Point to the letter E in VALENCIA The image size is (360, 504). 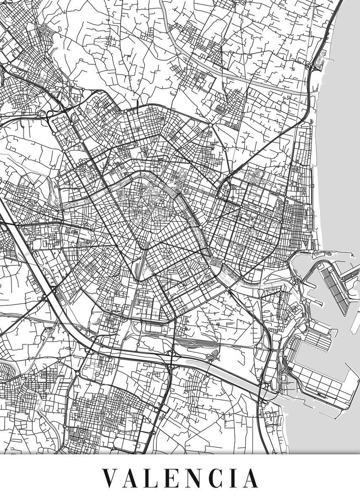(x=173, y=478)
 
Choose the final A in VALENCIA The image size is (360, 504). (x=250, y=478)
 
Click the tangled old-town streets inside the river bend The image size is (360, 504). (x=147, y=202)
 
